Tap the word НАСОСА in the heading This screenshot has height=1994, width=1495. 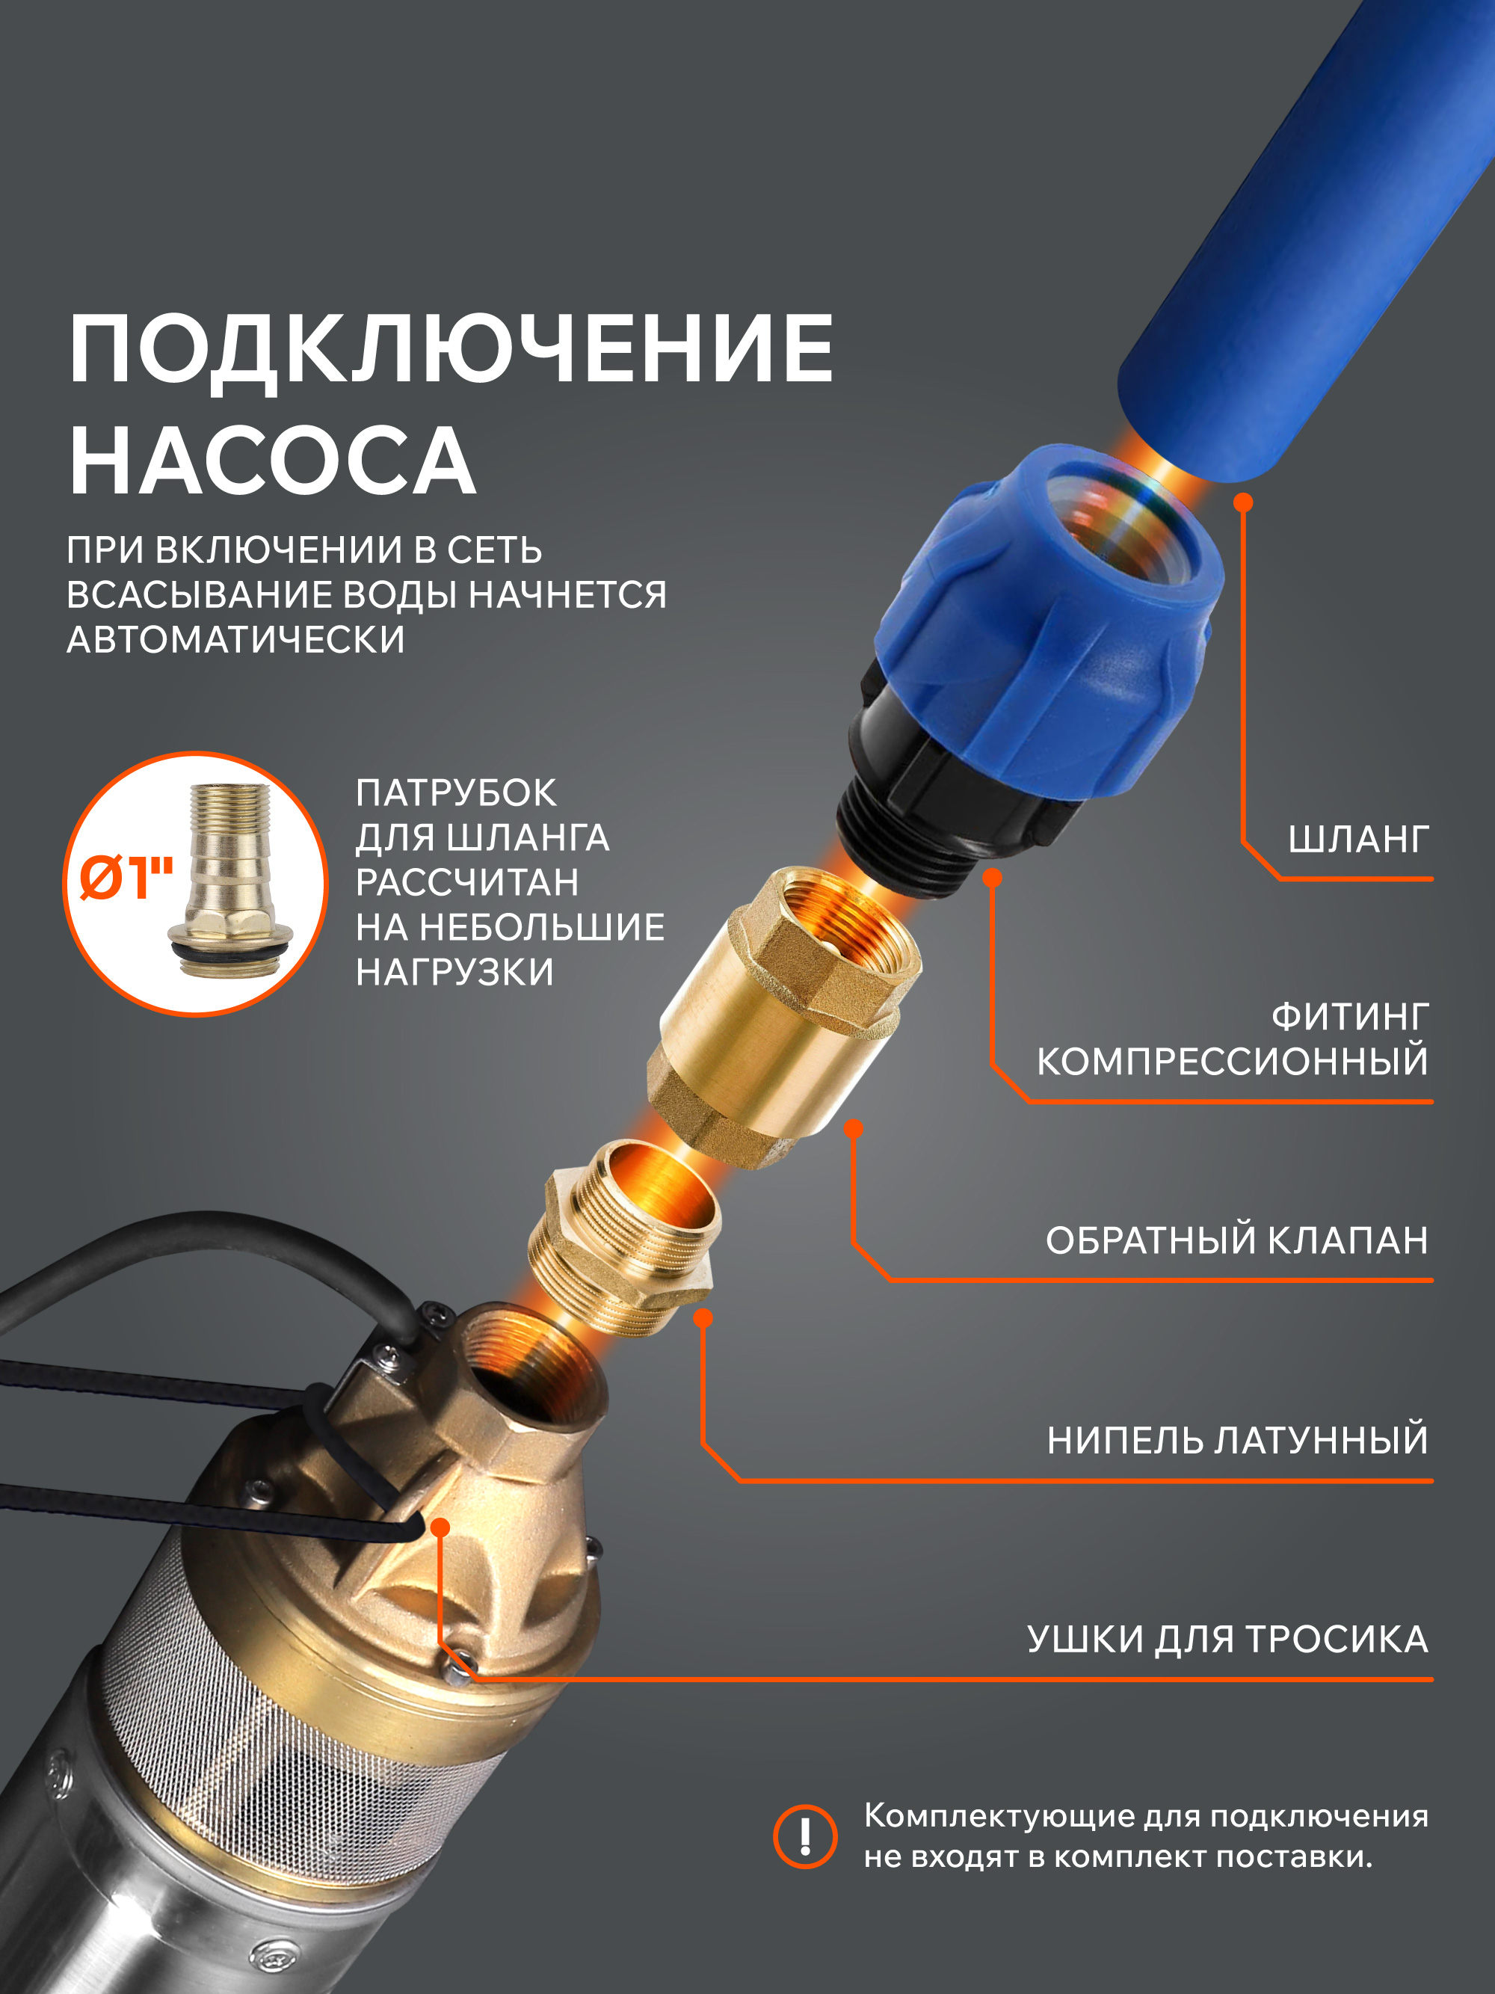(273, 460)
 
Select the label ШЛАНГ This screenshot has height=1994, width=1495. (1358, 840)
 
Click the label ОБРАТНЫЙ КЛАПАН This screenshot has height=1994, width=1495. (1236, 1240)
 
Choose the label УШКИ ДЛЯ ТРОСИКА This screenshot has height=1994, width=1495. (1227, 1640)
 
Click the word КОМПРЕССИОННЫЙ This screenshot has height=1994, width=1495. (1232, 1061)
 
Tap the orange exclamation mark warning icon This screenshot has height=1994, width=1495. (805, 1836)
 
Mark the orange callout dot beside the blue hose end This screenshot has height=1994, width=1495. (1242, 502)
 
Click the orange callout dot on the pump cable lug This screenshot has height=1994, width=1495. (440, 1527)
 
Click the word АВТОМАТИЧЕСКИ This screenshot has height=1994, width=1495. (236, 639)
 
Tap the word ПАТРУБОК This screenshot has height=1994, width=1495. (456, 793)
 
